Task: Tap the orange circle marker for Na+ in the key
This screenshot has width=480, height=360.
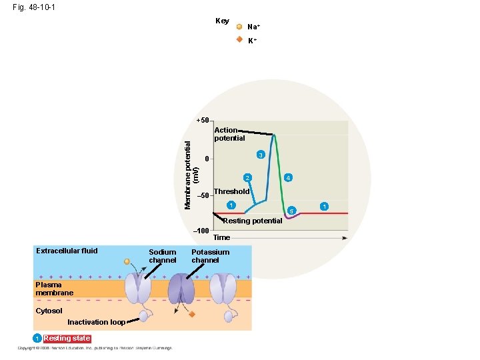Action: coord(239,27)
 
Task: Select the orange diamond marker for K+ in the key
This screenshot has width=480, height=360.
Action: coord(239,39)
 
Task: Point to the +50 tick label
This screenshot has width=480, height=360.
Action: coord(203,120)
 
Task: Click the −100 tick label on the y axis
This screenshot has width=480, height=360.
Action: coord(201,230)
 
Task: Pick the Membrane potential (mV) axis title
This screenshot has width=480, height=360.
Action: coord(191,167)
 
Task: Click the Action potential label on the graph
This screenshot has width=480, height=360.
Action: coord(229,134)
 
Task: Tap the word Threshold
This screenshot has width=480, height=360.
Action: coord(231,191)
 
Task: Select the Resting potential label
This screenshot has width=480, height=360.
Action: coord(252,221)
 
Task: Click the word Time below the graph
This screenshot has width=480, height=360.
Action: coord(221,237)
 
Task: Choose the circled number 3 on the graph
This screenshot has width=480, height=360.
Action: coord(261,155)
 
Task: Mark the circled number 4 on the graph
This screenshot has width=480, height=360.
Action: coord(287,178)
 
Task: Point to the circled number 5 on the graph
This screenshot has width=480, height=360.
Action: coord(290,211)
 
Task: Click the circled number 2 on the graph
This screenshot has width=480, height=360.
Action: coord(247,178)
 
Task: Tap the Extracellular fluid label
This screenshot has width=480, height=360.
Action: coord(67,251)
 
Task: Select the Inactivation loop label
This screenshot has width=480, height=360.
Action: coord(96,322)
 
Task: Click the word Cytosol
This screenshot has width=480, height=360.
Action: coord(49,311)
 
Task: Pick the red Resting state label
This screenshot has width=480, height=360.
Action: coord(67,338)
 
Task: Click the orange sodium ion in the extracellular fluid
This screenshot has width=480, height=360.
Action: coord(127,261)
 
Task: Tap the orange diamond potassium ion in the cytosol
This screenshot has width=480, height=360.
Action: coord(191,313)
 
